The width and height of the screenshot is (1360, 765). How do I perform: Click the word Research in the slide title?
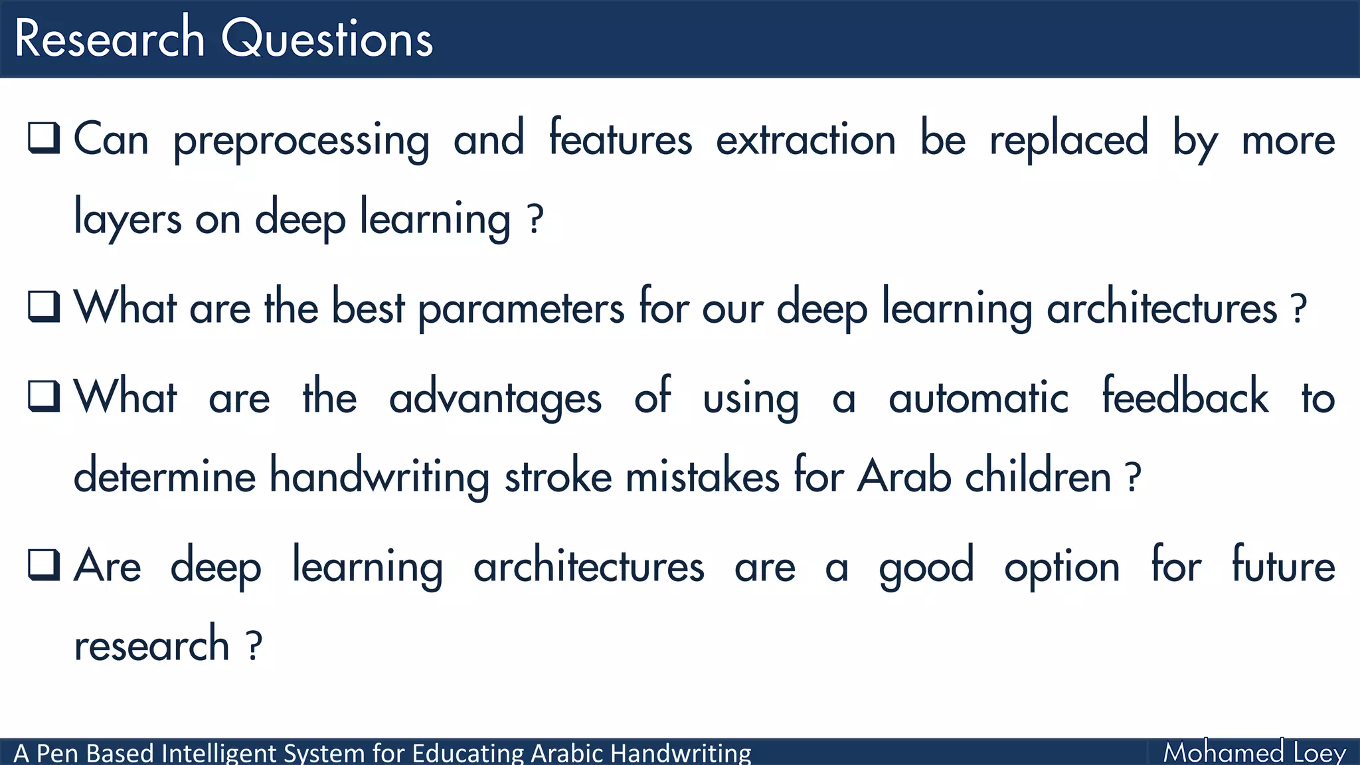pyautogui.click(x=110, y=39)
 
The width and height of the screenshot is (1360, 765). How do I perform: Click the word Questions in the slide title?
pyautogui.click(x=327, y=39)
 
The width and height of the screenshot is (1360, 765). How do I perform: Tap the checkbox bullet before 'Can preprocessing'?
pyautogui.click(x=44, y=138)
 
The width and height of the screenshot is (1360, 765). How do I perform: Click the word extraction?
pyautogui.click(x=806, y=139)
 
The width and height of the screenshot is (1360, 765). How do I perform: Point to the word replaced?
pyautogui.click(x=1068, y=139)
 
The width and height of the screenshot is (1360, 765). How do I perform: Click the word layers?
pyautogui.click(x=127, y=218)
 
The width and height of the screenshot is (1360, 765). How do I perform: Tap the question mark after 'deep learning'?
pyautogui.click(x=535, y=218)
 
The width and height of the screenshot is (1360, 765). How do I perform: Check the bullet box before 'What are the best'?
pyautogui.click(x=44, y=306)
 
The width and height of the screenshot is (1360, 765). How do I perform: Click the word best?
pyautogui.click(x=368, y=307)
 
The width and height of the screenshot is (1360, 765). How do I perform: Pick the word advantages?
pyautogui.click(x=495, y=398)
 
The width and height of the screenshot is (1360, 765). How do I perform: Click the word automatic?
pyautogui.click(x=978, y=398)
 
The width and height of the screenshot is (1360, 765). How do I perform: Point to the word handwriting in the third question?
pyautogui.click(x=379, y=477)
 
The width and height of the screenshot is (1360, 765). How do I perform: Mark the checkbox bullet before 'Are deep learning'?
pyautogui.click(x=44, y=565)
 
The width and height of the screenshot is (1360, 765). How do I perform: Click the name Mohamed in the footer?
pyautogui.click(x=1223, y=752)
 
